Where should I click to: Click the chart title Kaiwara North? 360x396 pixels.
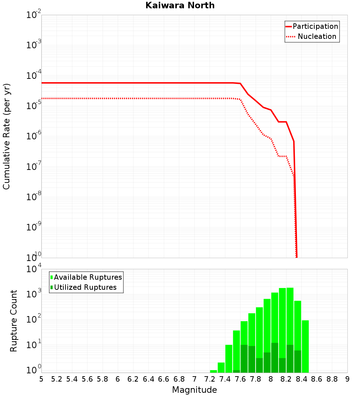pos(180,5)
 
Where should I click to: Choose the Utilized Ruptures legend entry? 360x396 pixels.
pos(85,287)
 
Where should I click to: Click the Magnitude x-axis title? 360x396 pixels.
pos(194,390)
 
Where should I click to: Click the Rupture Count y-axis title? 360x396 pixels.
pos(14,321)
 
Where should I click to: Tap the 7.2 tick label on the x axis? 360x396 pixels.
pos(210,379)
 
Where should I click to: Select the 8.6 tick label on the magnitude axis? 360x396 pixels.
pos(317,379)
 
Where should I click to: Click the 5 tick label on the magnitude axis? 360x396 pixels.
pos(41,379)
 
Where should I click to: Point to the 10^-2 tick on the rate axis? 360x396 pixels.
pos(34,15)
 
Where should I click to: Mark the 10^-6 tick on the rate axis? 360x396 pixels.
pos(34,136)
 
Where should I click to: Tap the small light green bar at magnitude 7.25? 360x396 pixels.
pos(213,371)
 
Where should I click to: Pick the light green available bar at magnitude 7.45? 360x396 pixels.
pos(229,359)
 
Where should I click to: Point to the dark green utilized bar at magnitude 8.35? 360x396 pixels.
pos(298,361)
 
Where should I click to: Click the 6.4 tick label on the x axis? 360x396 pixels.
pos(148,379)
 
